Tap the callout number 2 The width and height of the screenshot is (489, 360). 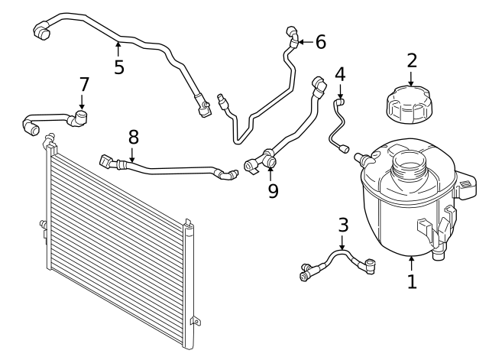(412, 60)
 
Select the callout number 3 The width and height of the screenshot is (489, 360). (343, 225)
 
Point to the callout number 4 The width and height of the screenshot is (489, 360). (340, 74)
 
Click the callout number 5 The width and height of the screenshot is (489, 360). (118, 66)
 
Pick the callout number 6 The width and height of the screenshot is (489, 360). (320, 42)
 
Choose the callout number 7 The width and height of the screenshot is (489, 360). (84, 83)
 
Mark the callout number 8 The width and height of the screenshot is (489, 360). (134, 138)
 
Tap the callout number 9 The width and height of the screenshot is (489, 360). (273, 190)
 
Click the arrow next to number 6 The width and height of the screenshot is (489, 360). (304, 42)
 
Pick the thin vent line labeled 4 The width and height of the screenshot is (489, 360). (336, 126)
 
